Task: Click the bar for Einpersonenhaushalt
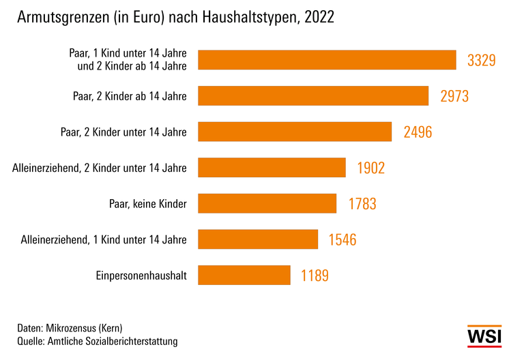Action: coord(244,275)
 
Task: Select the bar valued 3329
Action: coord(327,60)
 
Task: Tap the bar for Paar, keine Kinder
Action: coord(267,203)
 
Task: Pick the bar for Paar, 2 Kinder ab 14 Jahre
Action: coord(313,96)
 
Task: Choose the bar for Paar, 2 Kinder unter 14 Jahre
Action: coord(295,132)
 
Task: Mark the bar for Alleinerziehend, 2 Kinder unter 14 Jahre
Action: coord(272,168)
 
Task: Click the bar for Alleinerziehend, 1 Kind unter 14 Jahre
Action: coord(258,239)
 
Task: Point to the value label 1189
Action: coord(315,275)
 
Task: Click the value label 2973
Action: coord(454,96)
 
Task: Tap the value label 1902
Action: coord(370,168)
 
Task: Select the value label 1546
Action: coord(343,239)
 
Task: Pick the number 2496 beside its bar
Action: coord(418,132)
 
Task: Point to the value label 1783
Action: coord(362,203)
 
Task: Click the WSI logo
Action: coord(484,336)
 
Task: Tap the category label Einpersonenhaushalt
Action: coord(142,275)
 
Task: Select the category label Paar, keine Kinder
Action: coord(147,203)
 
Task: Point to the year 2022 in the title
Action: coord(319,18)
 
